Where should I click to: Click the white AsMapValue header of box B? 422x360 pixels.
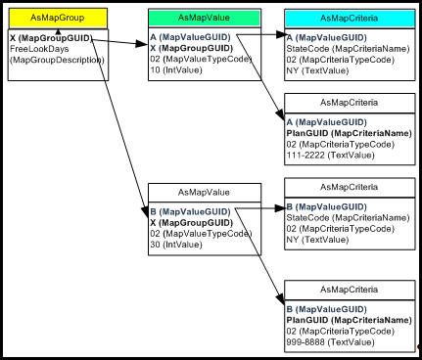point(204,192)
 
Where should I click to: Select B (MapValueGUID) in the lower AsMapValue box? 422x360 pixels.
point(193,210)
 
